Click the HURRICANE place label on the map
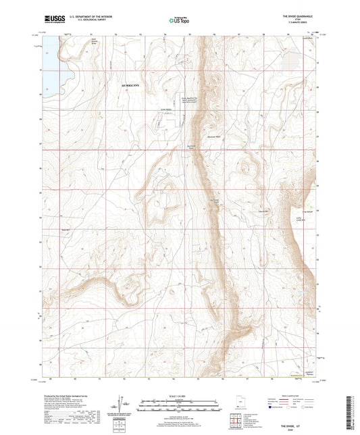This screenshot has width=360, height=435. point(132,86)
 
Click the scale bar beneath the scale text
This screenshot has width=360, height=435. point(180,407)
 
